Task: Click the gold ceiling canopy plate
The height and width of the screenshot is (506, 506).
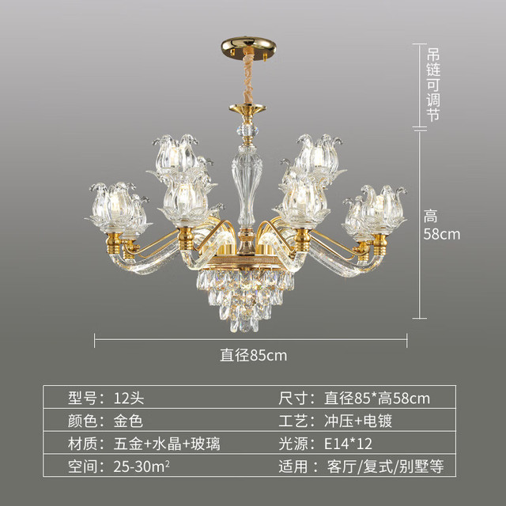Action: [248, 47]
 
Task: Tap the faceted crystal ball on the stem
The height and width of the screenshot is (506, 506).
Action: [247, 130]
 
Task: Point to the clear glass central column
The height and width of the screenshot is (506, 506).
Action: [247, 187]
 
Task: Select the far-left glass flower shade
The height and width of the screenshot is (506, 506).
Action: [112, 207]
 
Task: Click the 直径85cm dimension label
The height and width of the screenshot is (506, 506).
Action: [253, 355]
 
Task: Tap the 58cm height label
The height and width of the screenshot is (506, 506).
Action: [441, 234]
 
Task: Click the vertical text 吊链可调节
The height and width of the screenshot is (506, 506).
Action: [433, 85]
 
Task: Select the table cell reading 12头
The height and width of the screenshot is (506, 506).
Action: [128, 398]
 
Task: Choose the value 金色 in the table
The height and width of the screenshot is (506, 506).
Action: [128, 421]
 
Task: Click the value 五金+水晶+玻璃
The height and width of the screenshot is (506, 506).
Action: [167, 444]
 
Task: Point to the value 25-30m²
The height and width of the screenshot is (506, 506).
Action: [142, 466]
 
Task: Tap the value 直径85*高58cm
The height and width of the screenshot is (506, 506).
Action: [377, 398]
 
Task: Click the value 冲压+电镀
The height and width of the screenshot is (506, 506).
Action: [358, 421]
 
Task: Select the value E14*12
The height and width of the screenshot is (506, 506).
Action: [348, 444]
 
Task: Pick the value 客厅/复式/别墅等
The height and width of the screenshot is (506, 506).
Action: [385, 466]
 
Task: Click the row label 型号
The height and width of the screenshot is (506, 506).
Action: [82, 398]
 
